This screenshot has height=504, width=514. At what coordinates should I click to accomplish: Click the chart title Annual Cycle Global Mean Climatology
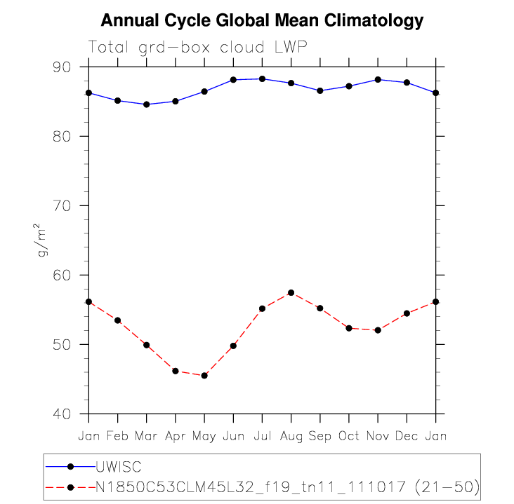(262, 20)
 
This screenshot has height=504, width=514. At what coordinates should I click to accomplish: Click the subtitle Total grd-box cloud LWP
(199, 47)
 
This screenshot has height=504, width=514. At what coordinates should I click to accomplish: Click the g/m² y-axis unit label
(44, 240)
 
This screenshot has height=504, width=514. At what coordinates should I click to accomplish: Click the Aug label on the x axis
(291, 436)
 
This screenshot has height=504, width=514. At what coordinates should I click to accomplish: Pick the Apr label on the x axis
(176, 436)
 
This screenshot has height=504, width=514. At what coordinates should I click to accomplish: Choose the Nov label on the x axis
(378, 436)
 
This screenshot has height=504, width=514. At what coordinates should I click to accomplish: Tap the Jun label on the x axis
(233, 436)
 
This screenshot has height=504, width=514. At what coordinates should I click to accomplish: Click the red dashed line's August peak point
(291, 292)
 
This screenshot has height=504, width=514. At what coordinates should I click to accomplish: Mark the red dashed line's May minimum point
(204, 376)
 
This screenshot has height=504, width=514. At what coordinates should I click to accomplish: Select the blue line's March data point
(147, 104)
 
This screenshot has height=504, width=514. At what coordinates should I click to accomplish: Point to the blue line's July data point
(262, 79)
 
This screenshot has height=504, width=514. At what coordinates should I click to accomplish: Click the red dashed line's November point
(378, 329)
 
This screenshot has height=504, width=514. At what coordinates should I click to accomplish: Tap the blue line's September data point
(320, 90)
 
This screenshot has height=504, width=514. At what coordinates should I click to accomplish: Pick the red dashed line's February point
(118, 320)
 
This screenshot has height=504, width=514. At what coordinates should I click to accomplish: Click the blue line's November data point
(378, 79)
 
